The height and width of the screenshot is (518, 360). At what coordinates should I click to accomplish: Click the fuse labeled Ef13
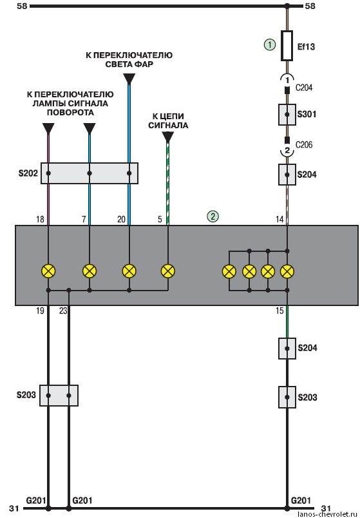(x=287, y=46)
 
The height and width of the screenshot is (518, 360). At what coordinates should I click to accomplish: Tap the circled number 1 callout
(x=270, y=44)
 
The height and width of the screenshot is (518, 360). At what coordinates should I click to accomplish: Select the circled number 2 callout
(x=213, y=216)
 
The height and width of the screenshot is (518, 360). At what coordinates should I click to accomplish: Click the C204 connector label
(x=303, y=88)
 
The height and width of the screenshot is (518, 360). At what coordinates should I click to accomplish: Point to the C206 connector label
(x=303, y=145)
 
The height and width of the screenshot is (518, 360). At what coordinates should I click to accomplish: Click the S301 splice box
(x=287, y=115)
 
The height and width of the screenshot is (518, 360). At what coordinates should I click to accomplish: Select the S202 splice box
(x=90, y=173)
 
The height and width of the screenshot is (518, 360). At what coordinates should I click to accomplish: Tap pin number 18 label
(x=40, y=219)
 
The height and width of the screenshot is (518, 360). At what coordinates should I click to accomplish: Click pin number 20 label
(x=121, y=219)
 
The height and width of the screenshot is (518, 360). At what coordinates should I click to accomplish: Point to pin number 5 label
(x=160, y=219)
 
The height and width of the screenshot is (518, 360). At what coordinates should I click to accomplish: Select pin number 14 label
(x=279, y=219)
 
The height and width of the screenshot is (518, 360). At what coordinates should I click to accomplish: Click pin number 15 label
(x=279, y=311)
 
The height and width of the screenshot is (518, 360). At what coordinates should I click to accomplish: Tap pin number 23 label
(x=63, y=311)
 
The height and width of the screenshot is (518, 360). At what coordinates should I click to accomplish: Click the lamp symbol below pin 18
(x=48, y=271)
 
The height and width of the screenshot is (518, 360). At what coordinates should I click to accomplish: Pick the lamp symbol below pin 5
(x=168, y=271)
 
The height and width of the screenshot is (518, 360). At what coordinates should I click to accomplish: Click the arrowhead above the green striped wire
(x=168, y=137)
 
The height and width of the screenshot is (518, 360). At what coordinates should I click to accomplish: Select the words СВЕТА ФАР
(x=129, y=64)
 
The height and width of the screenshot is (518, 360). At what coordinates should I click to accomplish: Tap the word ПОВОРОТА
(x=70, y=112)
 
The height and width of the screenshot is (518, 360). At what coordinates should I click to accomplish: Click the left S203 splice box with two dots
(x=59, y=396)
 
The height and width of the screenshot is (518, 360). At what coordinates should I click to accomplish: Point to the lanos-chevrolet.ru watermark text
(x=328, y=514)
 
